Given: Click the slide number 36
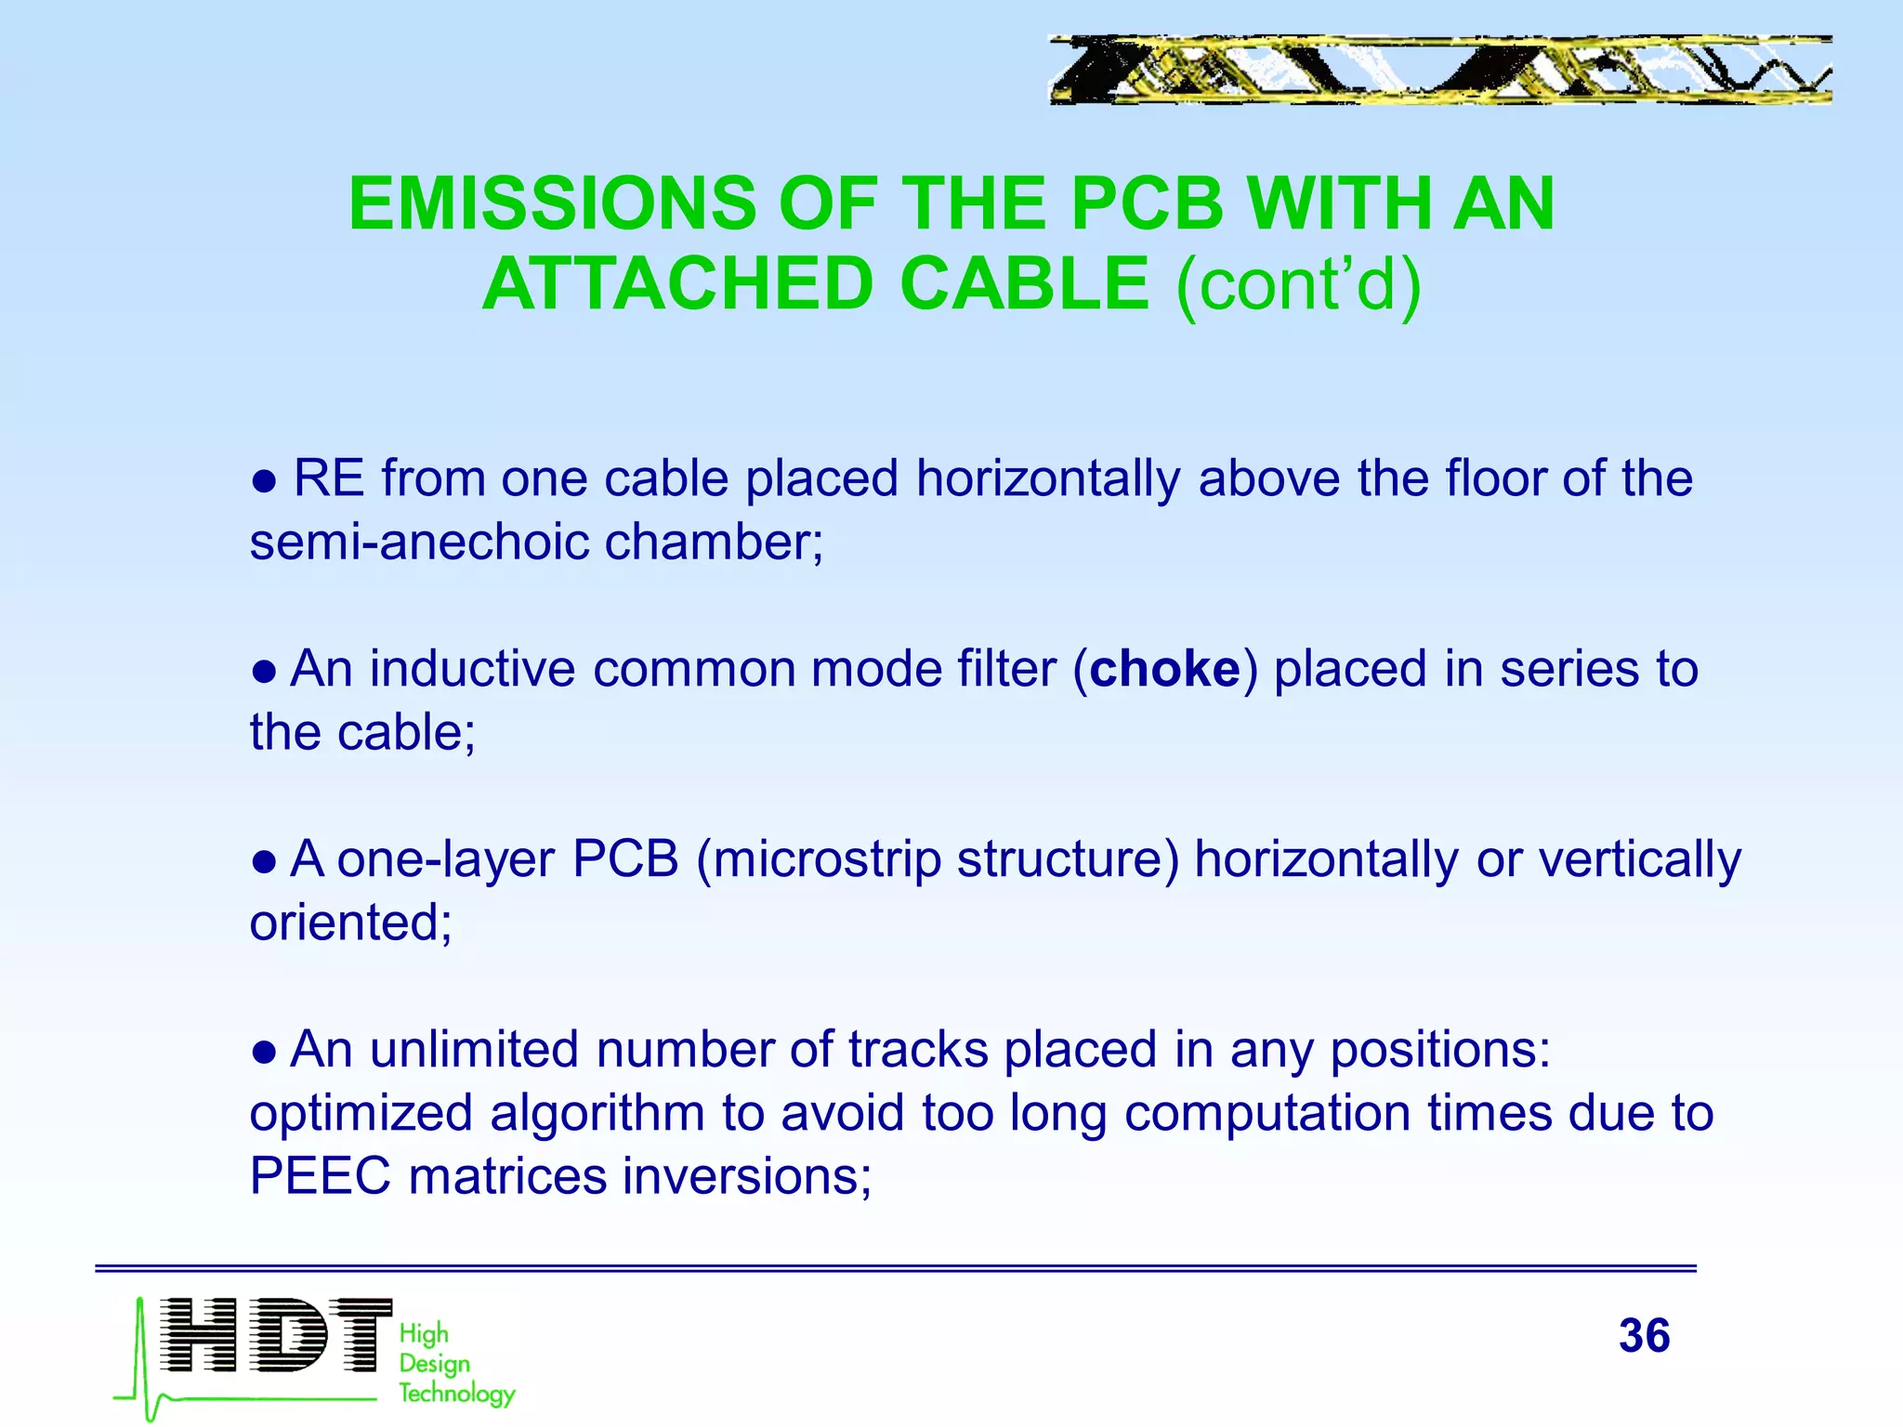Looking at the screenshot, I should click(1644, 1336).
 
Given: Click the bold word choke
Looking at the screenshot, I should click(1164, 670).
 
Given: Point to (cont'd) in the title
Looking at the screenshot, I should click(1298, 284).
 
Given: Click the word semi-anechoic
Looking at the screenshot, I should click(421, 543).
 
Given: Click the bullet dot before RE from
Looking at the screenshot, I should click(264, 481).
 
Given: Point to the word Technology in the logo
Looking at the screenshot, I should click(456, 1394).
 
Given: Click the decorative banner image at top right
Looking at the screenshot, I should click(1439, 70).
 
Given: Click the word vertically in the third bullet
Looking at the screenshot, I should click(1639, 859).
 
